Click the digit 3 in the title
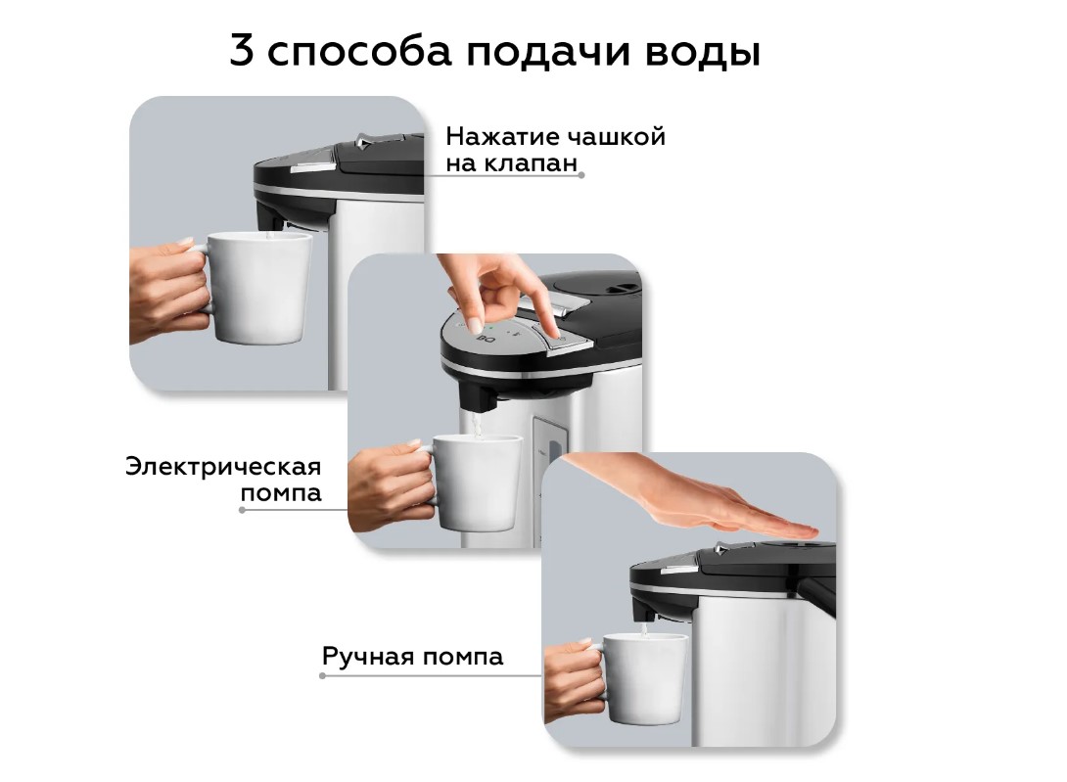(242, 50)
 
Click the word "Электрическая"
(223, 467)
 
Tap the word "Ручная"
(367, 656)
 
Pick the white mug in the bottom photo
(643, 678)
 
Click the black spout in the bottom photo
(646, 607)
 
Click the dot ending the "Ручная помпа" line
(323, 675)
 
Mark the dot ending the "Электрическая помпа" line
(242, 509)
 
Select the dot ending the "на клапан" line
(581, 175)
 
